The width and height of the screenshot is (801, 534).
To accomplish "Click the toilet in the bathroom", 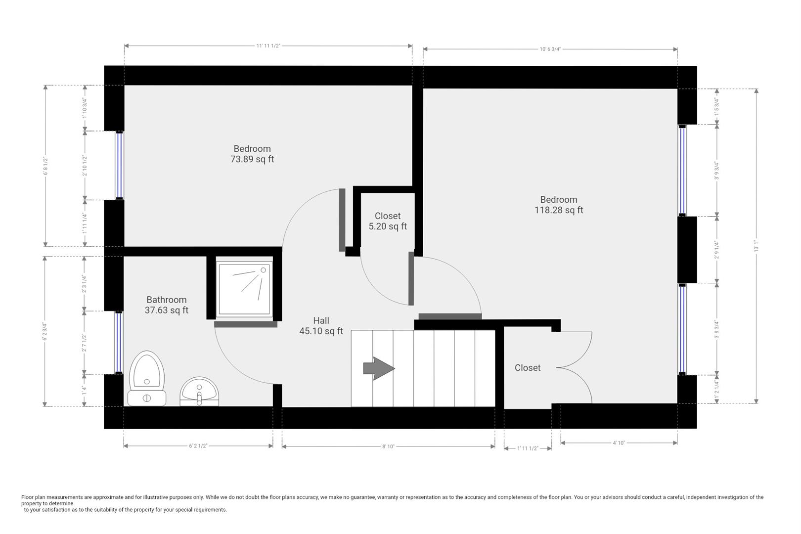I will pyautogui.click(x=147, y=378).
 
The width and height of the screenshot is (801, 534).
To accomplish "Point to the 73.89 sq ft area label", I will pyautogui.click(x=252, y=159).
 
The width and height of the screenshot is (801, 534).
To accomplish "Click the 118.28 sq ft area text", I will pyautogui.click(x=559, y=210).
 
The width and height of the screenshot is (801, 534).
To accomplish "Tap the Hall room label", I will pyautogui.click(x=321, y=320).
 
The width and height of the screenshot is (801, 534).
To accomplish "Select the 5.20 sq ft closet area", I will pyautogui.click(x=388, y=226).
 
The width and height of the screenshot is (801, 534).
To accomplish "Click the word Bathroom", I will pyautogui.click(x=167, y=300).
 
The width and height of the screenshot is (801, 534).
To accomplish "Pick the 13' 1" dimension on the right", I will pyautogui.click(x=756, y=246).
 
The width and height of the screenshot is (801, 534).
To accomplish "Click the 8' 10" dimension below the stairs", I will pyautogui.click(x=388, y=446).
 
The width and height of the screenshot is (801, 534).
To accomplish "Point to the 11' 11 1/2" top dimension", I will pyautogui.click(x=268, y=46).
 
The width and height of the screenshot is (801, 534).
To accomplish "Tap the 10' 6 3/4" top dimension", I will pyautogui.click(x=550, y=49).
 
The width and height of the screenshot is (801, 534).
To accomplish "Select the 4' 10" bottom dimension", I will pyautogui.click(x=619, y=443).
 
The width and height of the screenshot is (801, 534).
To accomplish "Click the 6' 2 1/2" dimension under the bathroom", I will pyautogui.click(x=198, y=446).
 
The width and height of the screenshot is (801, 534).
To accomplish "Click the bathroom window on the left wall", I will pyautogui.click(x=119, y=342).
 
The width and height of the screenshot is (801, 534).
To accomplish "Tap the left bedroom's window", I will pyautogui.click(x=119, y=165).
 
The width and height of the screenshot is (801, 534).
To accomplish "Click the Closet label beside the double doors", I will pyautogui.click(x=528, y=368).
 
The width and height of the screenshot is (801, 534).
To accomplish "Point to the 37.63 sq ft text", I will pyautogui.click(x=167, y=311).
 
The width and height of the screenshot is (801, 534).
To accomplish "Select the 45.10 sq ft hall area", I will pyautogui.click(x=321, y=331).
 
